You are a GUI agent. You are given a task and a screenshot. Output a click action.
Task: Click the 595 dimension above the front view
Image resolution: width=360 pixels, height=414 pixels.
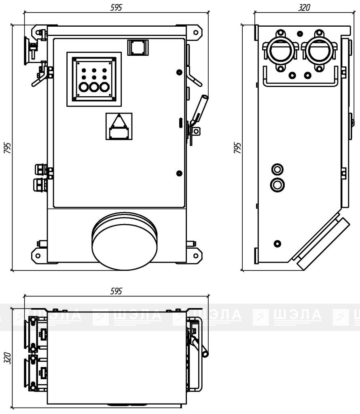(116, 8)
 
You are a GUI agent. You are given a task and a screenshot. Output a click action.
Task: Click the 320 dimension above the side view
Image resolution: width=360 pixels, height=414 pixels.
(304, 8)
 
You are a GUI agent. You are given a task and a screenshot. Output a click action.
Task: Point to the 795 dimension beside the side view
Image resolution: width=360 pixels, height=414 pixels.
(237, 148)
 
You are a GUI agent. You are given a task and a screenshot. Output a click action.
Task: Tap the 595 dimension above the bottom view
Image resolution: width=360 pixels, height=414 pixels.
(116, 291)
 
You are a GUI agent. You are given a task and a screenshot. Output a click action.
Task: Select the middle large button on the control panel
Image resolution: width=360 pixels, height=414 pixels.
(94, 87)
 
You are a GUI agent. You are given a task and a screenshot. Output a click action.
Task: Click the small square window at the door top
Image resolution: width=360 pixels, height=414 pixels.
(138, 48)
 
